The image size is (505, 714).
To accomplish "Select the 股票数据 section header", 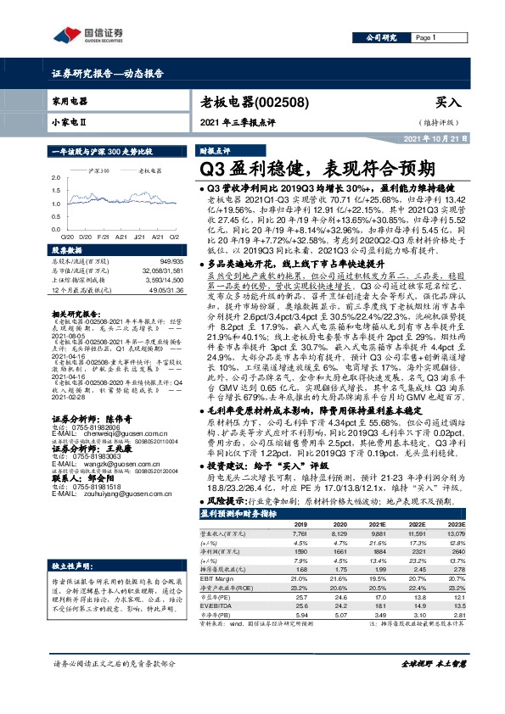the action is pos(69,251).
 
